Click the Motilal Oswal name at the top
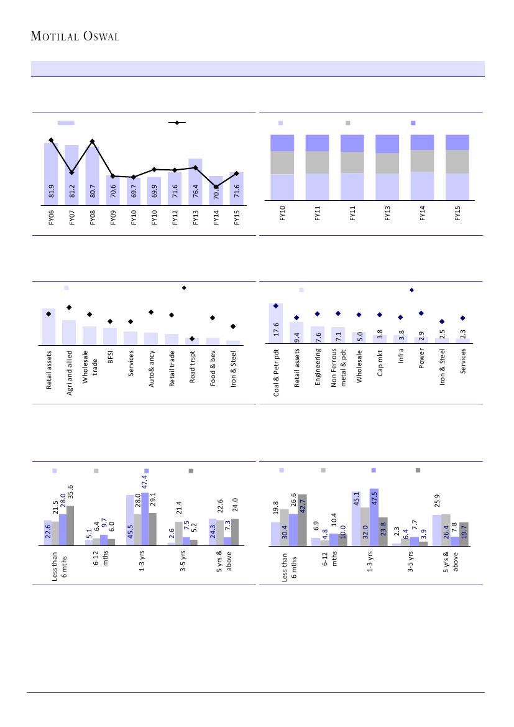[x=75, y=36]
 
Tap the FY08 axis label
[x=93, y=220]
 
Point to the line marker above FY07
[x=71, y=172]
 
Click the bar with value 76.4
[x=195, y=180]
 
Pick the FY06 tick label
[x=51, y=220]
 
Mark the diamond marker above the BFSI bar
[x=110, y=322]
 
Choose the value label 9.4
[x=297, y=338]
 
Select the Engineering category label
[x=318, y=370]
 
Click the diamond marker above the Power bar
[x=421, y=313]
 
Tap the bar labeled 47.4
[x=145, y=519]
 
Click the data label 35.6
[x=70, y=492]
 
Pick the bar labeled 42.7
[x=302, y=520]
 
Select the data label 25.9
[x=437, y=500]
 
